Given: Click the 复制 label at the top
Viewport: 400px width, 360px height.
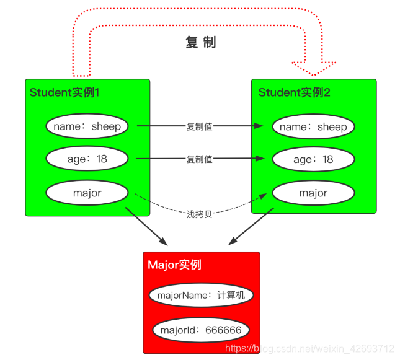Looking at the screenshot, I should click(200, 43).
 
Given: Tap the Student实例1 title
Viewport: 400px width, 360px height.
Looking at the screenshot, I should click(64, 93).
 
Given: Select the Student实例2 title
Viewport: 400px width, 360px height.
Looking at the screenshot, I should click(294, 93).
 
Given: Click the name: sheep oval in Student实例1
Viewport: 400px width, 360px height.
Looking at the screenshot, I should click(87, 126).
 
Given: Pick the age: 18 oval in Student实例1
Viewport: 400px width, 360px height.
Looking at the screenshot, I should click(87, 159).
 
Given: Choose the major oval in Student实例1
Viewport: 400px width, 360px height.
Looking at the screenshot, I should click(87, 193).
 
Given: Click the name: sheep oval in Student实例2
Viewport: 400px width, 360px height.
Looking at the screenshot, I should click(313, 126).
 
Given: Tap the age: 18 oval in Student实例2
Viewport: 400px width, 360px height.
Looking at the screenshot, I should click(313, 159).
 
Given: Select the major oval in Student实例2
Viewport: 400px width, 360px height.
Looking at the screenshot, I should click(313, 193).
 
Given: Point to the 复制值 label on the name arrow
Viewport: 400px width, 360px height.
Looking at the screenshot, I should click(200, 126).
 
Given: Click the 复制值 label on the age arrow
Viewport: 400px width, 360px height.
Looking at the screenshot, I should click(200, 159).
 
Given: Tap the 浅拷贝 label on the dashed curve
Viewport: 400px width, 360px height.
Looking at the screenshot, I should click(200, 214).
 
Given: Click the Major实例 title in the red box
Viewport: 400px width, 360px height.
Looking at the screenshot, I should click(174, 265).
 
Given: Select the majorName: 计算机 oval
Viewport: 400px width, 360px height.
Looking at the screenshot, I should click(201, 295).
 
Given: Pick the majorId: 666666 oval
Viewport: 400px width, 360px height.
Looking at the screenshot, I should click(201, 330).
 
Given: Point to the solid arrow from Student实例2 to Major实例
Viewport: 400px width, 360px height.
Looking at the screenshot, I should click(252, 226).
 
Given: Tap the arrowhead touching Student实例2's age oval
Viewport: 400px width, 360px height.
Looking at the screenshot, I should click(266, 159).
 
